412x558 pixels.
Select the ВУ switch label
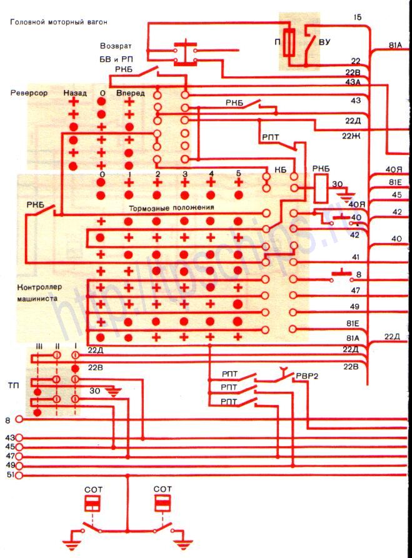click(x=324, y=42)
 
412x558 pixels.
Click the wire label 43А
click(x=353, y=82)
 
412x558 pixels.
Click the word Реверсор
click(x=29, y=92)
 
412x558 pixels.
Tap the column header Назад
click(x=74, y=92)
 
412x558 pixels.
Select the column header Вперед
click(x=131, y=92)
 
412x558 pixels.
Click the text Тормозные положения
click(x=171, y=207)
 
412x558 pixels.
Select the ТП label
click(x=13, y=386)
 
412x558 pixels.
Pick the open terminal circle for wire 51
click(x=19, y=476)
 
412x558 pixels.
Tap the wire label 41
click(x=355, y=257)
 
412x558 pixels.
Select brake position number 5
click(x=238, y=173)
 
